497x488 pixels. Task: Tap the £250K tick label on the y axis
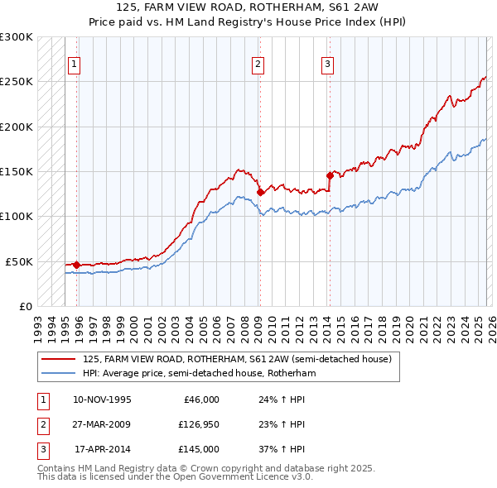coord(17,82)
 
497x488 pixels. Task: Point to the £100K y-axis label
coord(17,217)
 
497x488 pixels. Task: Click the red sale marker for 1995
coord(76,265)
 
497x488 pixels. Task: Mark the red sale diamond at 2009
coord(260,192)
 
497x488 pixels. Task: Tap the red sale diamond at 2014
coord(330,175)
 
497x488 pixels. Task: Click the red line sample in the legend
coord(60,359)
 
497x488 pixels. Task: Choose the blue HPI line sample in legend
coord(60,373)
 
